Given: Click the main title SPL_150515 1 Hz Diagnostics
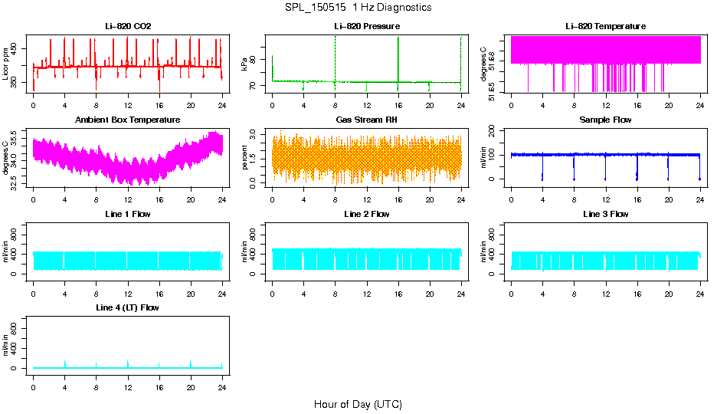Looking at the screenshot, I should pos(358,8).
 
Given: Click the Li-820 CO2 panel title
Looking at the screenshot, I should pos(128,26).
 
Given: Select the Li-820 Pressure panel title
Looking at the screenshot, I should pos(366,26).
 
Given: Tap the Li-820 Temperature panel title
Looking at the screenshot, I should pos(605,26).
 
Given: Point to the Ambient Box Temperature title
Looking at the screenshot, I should pos(128,120).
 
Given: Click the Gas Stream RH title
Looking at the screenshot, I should pos(366,120).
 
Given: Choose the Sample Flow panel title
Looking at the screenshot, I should pos(605,120).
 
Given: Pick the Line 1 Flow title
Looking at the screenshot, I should pos(128,214).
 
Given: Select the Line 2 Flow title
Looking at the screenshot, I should pos(366,214).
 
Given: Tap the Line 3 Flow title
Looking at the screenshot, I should pos(605,214).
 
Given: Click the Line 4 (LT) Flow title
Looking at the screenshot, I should pos(128,307).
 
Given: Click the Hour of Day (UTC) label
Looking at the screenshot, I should pos(358,404).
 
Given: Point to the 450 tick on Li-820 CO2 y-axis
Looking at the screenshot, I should pos(17,49).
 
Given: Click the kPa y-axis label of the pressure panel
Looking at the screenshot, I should pos(245,64).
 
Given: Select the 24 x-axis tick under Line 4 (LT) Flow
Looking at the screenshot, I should pos(222,386).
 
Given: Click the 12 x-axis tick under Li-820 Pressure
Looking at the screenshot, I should pos(367,105).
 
